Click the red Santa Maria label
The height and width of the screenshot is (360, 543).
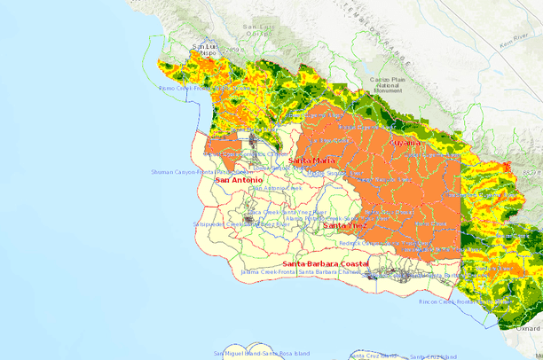click(x=311, y=160)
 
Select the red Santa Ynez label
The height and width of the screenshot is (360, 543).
click(x=341, y=226)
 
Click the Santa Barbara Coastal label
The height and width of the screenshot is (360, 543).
click(x=325, y=264)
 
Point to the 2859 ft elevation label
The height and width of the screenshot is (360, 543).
click(x=232, y=50)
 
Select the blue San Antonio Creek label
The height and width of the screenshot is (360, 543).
click(x=276, y=188)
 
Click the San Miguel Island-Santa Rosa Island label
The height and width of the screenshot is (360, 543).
click(x=264, y=355)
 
